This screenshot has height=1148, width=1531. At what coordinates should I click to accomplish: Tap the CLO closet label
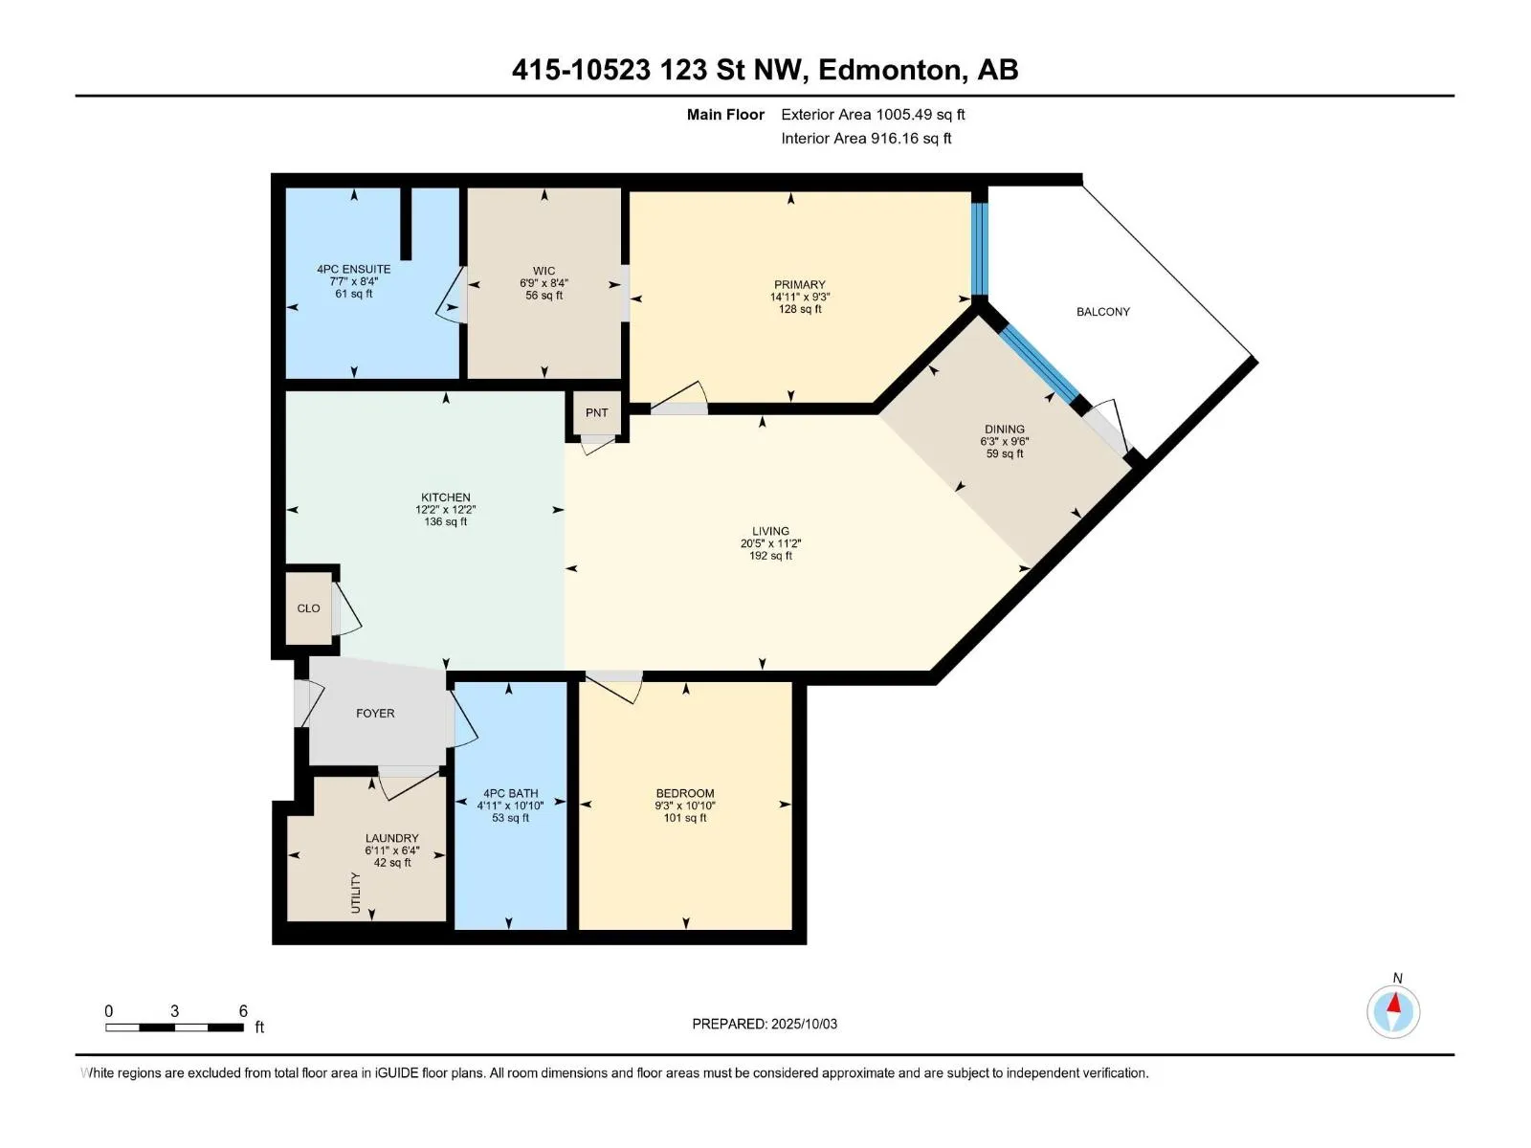point(308,608)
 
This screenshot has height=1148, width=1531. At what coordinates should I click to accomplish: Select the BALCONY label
point(1102,312)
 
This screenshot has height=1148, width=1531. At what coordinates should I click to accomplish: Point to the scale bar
point(174,1027)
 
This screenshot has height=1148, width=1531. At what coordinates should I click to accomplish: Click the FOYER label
point(375,713)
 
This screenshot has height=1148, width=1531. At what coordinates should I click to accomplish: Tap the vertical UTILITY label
point(356,893)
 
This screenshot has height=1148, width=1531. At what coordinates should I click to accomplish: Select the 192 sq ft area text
point(770,556)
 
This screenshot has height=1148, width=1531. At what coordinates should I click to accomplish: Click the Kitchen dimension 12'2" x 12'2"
point(446,510)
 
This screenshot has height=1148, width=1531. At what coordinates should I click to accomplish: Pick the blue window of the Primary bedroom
point(980,249)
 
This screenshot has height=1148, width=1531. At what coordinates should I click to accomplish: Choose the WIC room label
point(544,271)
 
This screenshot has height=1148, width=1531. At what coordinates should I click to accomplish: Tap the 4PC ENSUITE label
point(354,269)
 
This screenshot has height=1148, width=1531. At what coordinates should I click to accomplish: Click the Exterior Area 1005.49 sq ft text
point(873,114)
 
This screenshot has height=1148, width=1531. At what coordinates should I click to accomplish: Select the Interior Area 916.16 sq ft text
point(866,138)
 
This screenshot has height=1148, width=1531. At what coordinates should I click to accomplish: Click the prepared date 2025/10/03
point(804,1024)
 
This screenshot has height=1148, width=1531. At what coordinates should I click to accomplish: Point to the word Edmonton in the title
point(893,70)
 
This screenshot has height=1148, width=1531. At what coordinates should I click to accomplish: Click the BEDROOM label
point(685,793)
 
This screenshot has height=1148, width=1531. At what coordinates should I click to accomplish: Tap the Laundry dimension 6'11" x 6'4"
point(392,850)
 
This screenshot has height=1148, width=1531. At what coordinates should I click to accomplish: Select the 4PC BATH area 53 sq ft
point(511,818)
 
